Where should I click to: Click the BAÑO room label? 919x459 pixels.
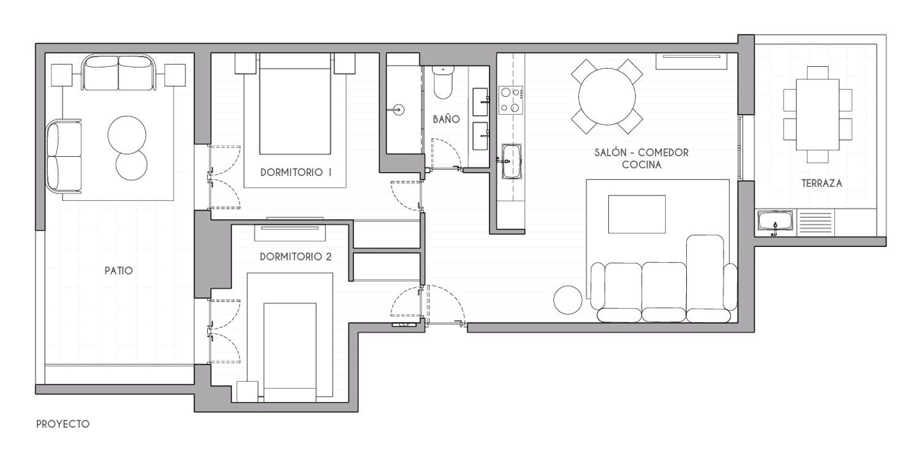point(447,119)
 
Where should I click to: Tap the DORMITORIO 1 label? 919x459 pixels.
point(296,172)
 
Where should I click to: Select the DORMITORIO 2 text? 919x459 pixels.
point(296,257)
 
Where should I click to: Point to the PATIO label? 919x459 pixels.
point(119,271)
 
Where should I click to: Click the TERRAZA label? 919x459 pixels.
point(822,183)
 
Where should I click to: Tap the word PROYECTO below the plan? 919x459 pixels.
point(62,424)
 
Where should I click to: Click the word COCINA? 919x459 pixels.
point(641,165)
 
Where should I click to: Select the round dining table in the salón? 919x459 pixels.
point(607,97)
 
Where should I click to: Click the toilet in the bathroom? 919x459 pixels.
point(442,83)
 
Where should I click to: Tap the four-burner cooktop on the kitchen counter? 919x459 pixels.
point(511,100)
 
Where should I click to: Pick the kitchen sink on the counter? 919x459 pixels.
point(511,161)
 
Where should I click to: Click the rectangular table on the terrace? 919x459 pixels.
point(817,115)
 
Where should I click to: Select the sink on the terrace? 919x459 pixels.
point(775,222)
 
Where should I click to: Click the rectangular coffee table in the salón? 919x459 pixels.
point(637,214)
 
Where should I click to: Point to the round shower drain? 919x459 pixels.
point(398,109)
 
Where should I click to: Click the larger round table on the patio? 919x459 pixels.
point(126,135)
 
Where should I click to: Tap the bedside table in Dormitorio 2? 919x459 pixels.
point(248,392)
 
